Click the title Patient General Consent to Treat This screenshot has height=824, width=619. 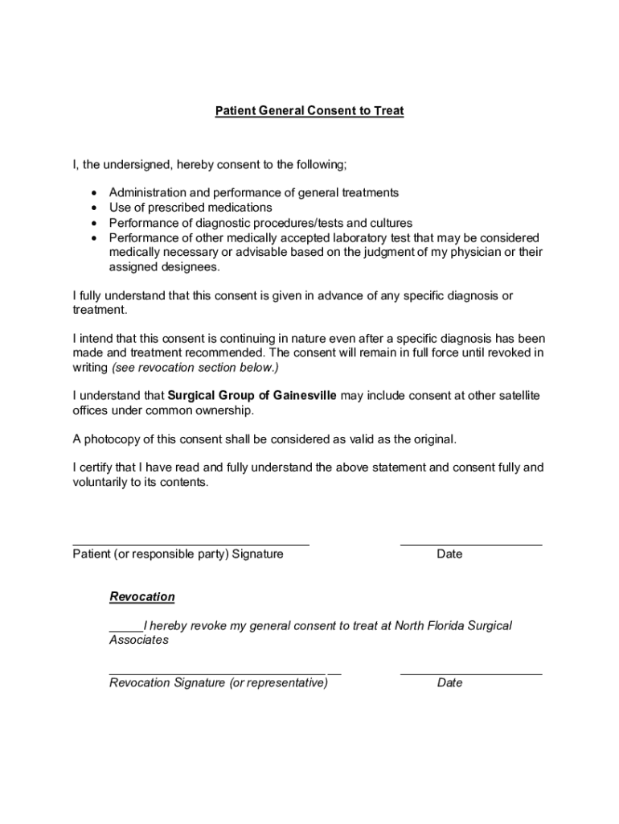(309, 111)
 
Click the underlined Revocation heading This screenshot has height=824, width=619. (141, 597)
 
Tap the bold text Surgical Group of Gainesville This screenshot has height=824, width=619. (252, 396)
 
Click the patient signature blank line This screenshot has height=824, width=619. (191, 545)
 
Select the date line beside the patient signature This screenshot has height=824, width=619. (470, 545)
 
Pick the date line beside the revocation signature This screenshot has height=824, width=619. (470, 674)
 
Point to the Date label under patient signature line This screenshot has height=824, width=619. (449, 554)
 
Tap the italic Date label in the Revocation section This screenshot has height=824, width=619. (449, 683)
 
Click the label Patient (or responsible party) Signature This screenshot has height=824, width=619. (178, 554)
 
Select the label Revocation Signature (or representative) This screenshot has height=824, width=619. (218, 683)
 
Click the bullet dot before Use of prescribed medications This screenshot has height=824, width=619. (94, 208)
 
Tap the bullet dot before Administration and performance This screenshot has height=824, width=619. (94, 194)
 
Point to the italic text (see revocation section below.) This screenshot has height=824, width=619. (195, 368)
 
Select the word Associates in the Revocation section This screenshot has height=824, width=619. (139, 641)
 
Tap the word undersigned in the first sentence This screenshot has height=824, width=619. (138, 165)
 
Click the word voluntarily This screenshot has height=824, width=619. (100, 483)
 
